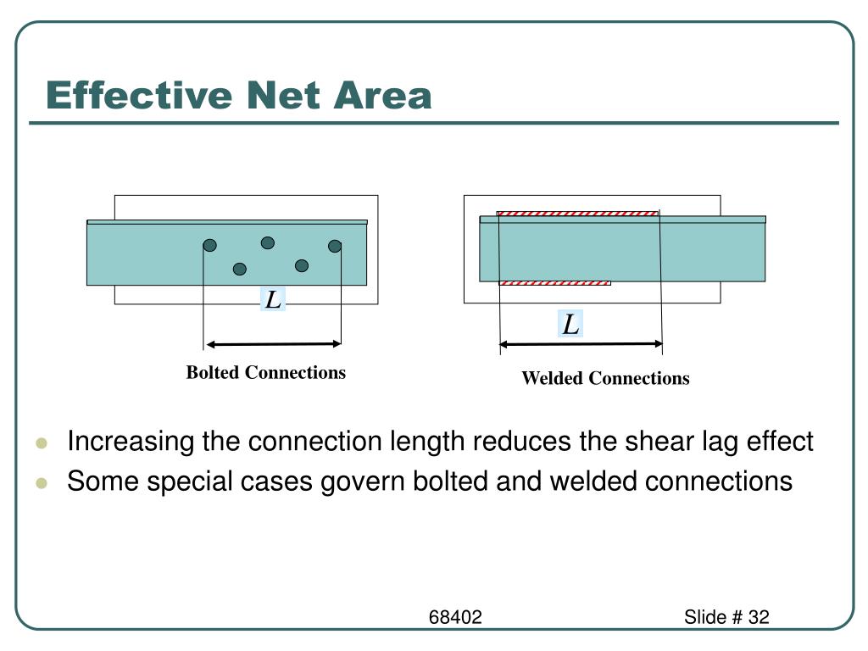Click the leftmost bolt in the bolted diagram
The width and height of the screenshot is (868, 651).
click(x=209, y=246)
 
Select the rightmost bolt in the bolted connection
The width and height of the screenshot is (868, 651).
click(x=335, y=246)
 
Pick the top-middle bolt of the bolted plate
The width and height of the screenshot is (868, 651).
click(x=268, y=243)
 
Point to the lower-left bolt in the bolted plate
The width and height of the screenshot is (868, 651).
click(x=240, y=269)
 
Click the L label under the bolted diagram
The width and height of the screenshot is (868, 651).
click(x=273, y=299)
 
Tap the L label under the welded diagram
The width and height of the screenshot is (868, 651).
click(x=571, y=324)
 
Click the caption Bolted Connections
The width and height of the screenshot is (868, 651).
click(x=266, y=372)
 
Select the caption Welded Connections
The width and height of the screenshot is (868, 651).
click(x=605, y=378)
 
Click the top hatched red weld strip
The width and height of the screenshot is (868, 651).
click(x=576, y=214)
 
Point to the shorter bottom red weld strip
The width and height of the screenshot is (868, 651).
click(x=555, y=283)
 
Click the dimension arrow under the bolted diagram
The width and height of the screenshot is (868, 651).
click(x=273, y=344)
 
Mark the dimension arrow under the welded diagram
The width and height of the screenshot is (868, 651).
click(x=581, y=343)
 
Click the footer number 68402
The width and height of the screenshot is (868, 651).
click(x=454, y=617)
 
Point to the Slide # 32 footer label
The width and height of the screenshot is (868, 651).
click(x=726, y=617)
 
